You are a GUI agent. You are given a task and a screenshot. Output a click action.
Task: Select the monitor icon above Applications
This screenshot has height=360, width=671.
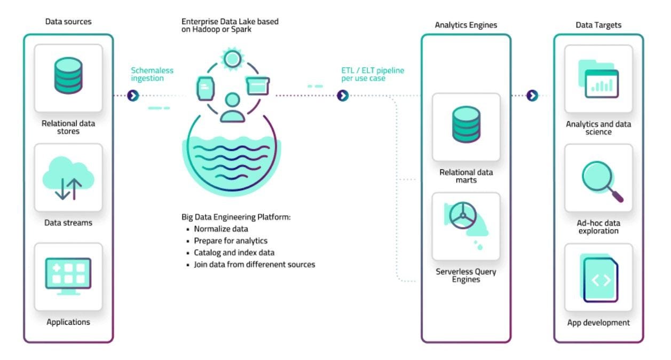(68, 276)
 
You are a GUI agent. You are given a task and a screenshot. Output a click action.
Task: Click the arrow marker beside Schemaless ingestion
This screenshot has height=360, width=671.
(133, 96)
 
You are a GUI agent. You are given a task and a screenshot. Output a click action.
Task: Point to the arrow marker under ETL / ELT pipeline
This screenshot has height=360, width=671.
(343, 96)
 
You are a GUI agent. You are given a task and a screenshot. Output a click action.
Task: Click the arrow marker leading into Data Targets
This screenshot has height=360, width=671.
(532, 96)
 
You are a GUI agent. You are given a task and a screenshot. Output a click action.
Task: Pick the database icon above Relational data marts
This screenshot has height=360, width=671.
(466, 124)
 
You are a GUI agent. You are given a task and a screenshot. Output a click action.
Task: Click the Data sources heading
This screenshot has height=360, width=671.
(68, 22)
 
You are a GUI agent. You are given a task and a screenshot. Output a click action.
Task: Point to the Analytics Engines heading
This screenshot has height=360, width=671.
(465, 25)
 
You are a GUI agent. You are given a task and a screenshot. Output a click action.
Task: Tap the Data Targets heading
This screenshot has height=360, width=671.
(598, 25)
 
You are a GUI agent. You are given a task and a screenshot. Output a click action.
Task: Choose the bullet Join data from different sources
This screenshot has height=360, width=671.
(254, 264)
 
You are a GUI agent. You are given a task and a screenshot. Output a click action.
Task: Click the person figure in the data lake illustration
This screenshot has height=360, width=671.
(232, 107)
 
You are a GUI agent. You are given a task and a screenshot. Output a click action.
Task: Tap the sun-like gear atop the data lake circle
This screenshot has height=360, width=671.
(232, 58)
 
